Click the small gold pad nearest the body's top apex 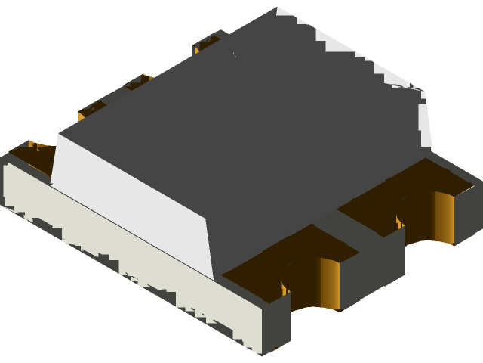(205, 44)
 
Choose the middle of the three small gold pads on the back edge (140, 82)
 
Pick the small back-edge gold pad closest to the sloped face (91, 110)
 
